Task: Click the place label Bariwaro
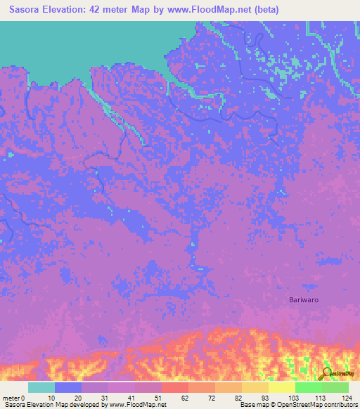(x=306, y=300)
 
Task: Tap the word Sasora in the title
(x=27, y=10)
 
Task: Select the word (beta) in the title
(x=266, y=10)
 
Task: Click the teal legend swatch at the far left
(x=41, y=387)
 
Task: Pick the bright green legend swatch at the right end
(x=335, y=387)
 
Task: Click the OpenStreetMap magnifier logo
(x=326, y=374)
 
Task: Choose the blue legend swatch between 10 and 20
(x=68, y=387)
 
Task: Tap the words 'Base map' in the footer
(x=252, y=405)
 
